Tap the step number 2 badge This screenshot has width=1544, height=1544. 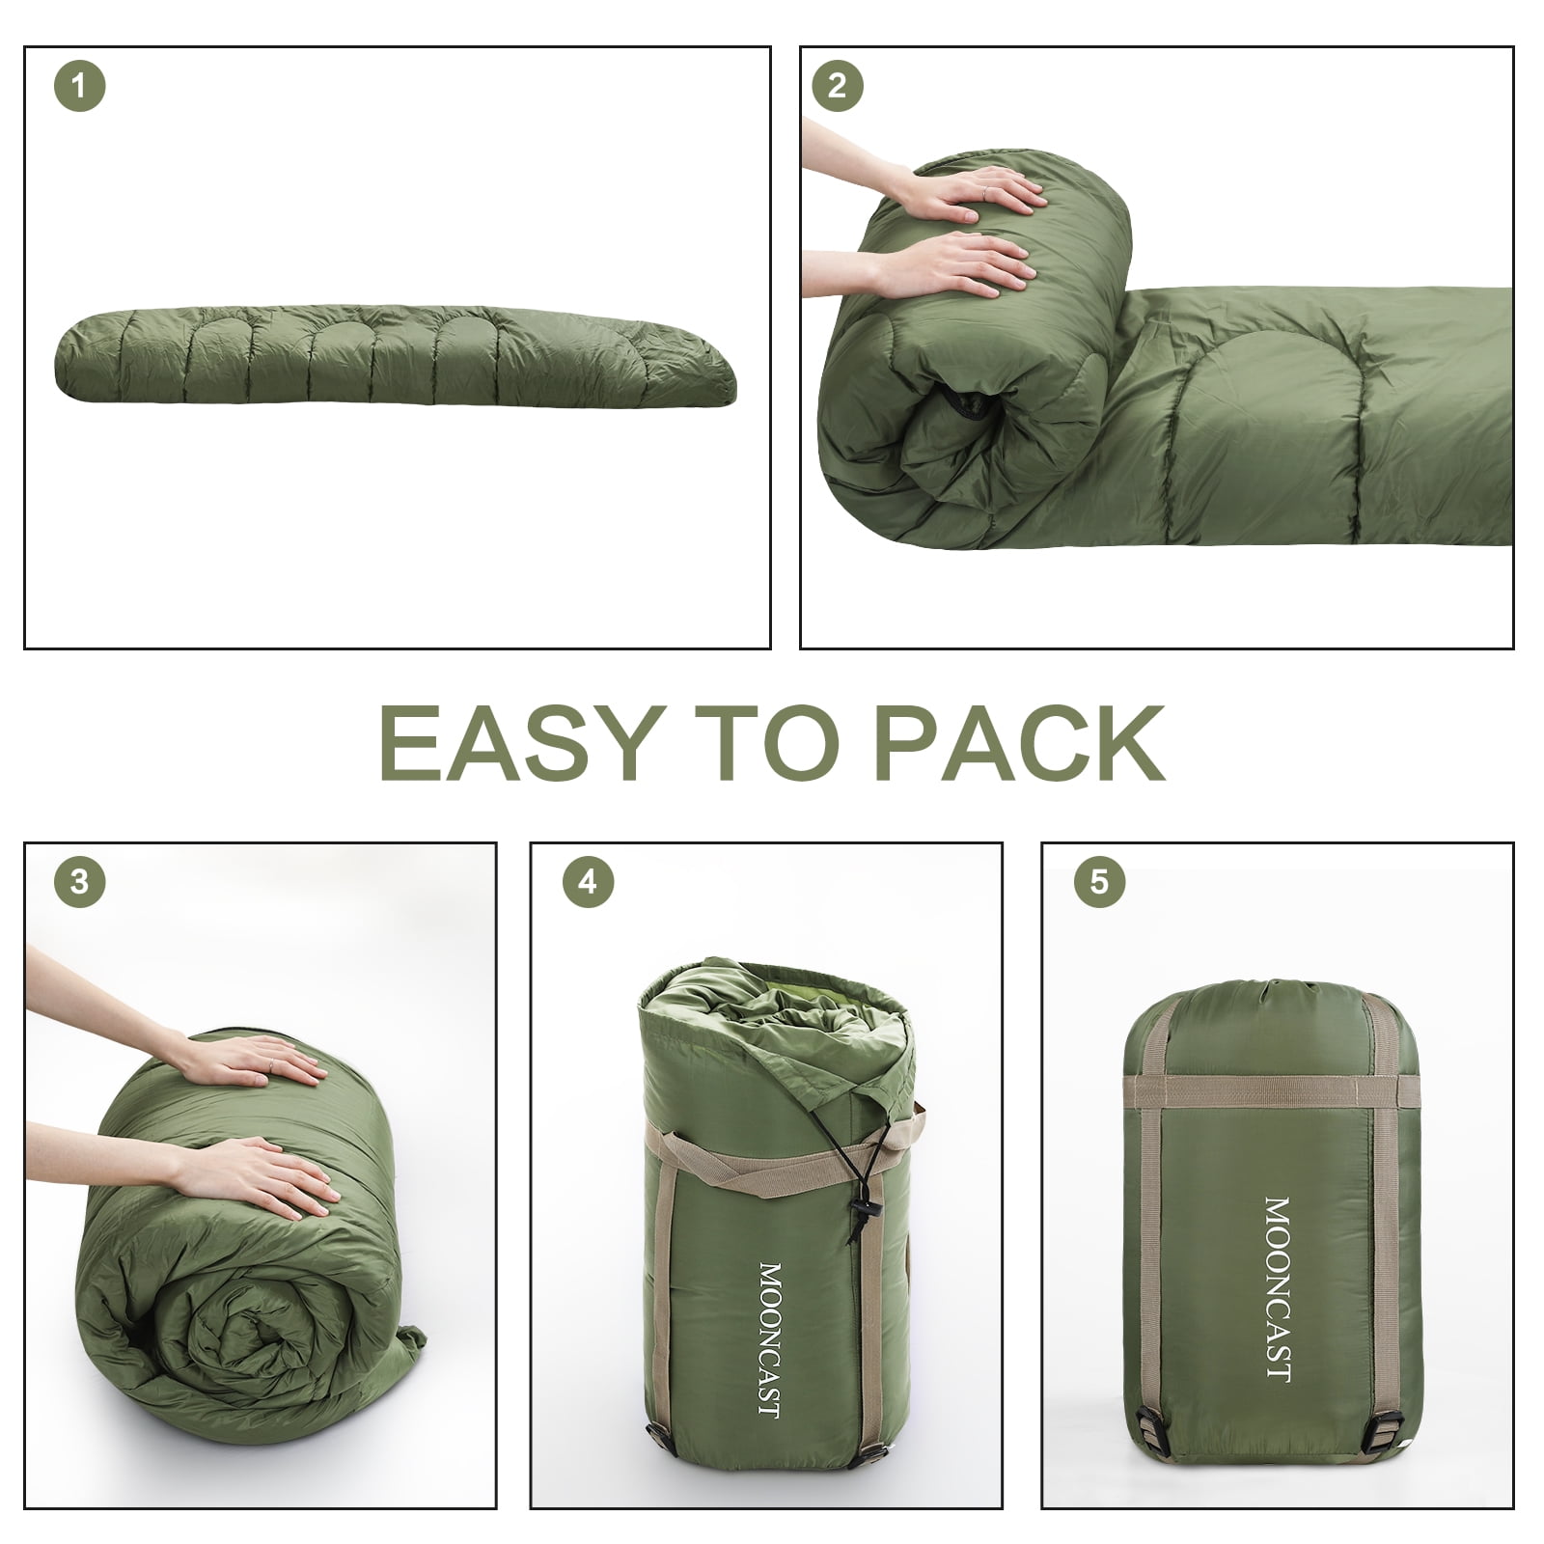(x=837, y=86)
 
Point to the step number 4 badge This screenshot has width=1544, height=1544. (x=588, y=881)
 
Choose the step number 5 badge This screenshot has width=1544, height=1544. (x=1099, y=881)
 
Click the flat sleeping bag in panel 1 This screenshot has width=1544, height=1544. (x=396, y=362)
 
